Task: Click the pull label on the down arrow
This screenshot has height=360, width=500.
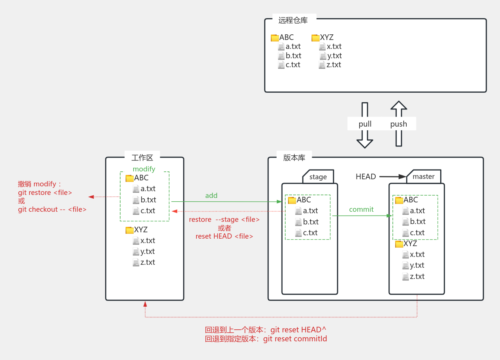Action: [365, 124]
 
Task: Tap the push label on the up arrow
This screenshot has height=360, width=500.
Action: [398, 124]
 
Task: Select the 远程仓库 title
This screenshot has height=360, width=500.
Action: [293, 21]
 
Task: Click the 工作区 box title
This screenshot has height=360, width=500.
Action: [142, 158]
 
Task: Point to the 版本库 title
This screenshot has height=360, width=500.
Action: [294, 158]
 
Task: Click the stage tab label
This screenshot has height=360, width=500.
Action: [318, 177]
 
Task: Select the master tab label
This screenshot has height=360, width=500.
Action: [423, 177]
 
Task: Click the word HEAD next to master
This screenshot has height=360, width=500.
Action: [366, 177]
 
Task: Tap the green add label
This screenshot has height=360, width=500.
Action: [211, 195]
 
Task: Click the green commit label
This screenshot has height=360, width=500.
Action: [361, 210]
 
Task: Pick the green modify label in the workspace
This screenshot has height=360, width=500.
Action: [144, 169]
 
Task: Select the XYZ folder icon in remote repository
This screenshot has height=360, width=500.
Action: [316, 38]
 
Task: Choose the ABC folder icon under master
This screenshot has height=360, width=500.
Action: [399, 200]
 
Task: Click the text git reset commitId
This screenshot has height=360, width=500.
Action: [295, 339]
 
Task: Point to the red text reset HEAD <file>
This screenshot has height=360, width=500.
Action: [224, 236]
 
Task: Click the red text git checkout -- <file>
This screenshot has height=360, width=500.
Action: [52, 210]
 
